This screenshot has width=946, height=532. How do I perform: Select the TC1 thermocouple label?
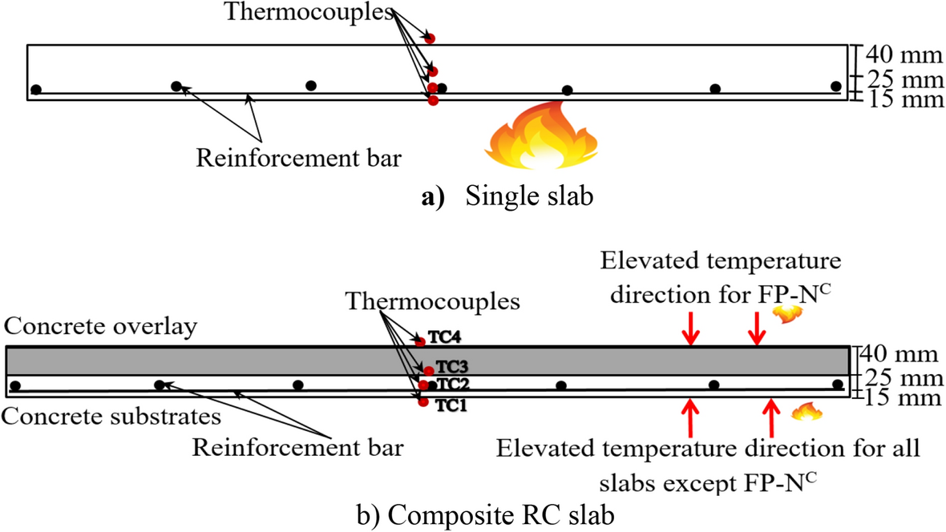click(x=451, y=405)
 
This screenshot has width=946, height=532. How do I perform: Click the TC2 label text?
click(x=446, y=384)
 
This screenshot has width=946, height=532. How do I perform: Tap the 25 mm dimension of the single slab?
click(x=902, y=79)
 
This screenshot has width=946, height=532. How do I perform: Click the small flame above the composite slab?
click(x=783, y=313)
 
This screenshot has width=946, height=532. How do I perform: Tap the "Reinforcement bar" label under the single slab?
click(x=297, y=159)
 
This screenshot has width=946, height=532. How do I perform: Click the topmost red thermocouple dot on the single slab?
click(x=431, y=38)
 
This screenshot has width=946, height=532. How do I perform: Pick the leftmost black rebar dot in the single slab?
click(x=36, y=89)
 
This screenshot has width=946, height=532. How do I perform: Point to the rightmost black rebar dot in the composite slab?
click(x=838, y=385)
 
